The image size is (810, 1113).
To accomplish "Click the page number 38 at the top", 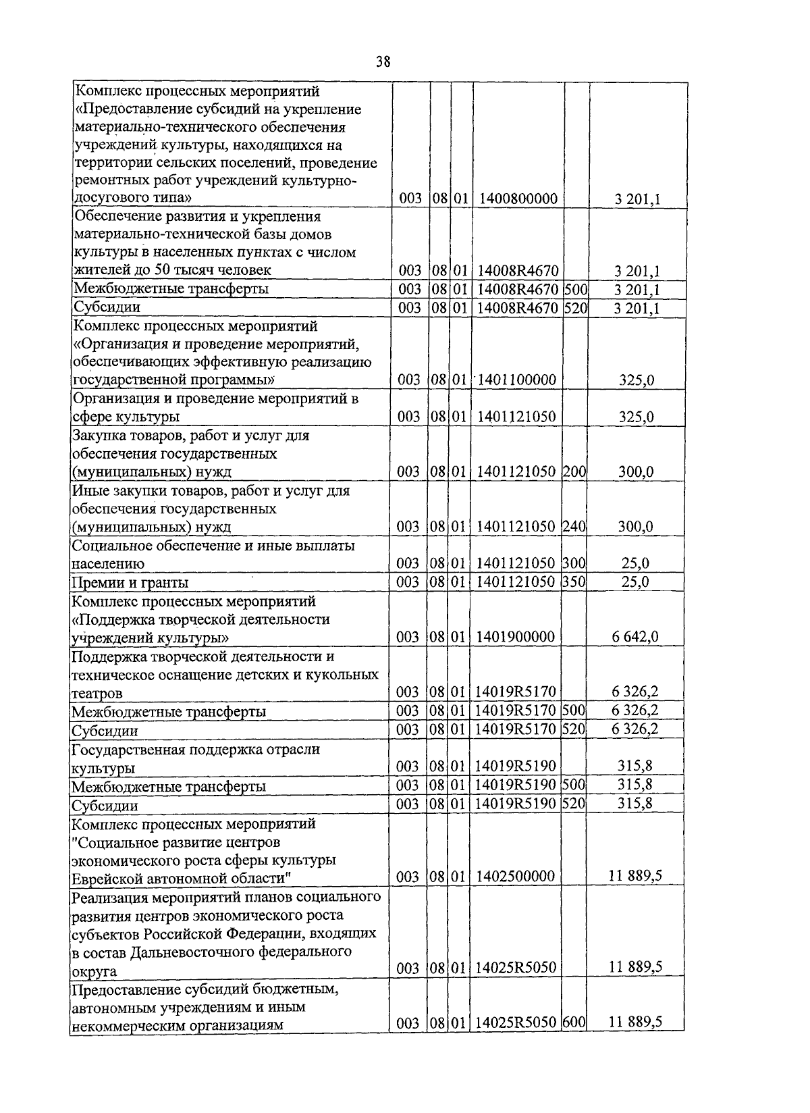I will pyautogui.click(x=383, y=62).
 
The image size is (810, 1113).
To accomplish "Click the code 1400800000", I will pyautogui.click(x=517, y=199).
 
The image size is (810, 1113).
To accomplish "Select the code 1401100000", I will pyautogui.click(x=517, y=380).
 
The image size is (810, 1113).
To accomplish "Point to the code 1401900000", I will pyautogui.click(x=516, y=636).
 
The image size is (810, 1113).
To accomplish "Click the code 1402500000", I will pyautogui.click(x=516, y=877).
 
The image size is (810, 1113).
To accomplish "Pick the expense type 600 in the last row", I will pyautogui.click(x=574, y=1023).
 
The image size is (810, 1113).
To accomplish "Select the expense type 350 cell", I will pyautogui.click(x=574, y=581).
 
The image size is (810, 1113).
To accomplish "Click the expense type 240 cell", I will pyautogui.click(x=574, y=526).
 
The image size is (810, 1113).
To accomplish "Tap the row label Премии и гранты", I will pyautogui.click(x=130, y=582).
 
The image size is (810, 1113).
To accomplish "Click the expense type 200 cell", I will pyautogui.click(x=574, y=471).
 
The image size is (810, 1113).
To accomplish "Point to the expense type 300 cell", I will pyautogui.click(x=574, y=563).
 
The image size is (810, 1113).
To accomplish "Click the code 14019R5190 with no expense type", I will pyautogui.click(x=516, y=766).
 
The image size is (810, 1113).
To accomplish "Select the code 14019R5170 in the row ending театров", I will pyautogui.click(x=516, y=692).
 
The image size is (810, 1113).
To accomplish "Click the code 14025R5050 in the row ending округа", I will pyautogui.click(x=516, y=967).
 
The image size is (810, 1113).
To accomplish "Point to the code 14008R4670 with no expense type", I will pyautogui.click(x=517, y=271).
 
